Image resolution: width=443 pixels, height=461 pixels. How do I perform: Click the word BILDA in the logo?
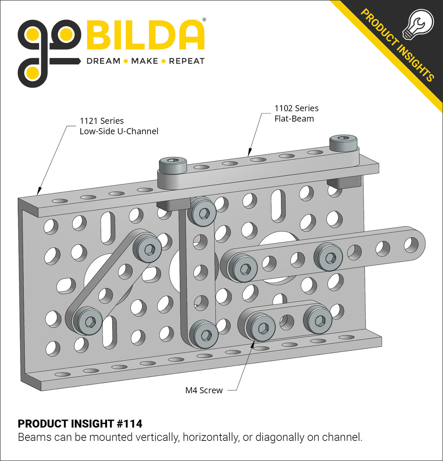click(x=146, y=35)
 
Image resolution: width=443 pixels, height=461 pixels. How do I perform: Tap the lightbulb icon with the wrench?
click(x=418, y=23)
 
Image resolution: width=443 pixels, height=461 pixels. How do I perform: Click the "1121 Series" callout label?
click(x=102, y=121)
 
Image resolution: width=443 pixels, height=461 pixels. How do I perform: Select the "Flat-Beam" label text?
click(x=294, y=119)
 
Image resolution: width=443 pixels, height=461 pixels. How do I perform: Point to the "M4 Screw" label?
click(x=204, y=390)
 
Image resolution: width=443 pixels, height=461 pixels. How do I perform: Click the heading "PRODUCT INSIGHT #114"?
click(x=80, y=424)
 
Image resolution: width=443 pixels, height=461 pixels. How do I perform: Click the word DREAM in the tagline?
click(x=103, y=61)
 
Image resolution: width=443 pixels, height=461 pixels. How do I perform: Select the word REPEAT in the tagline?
click(x=187, y=61)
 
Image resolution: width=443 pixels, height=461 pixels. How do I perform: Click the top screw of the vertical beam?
click(x=204, y=213)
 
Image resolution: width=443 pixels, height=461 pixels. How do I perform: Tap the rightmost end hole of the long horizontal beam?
click(x=411, y=244)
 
